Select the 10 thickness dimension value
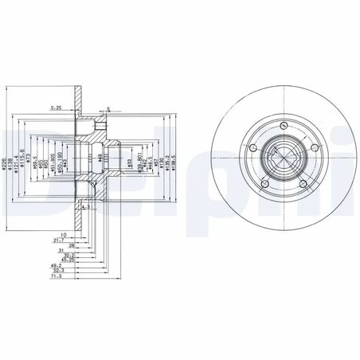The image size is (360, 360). (x=63, y=235)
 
